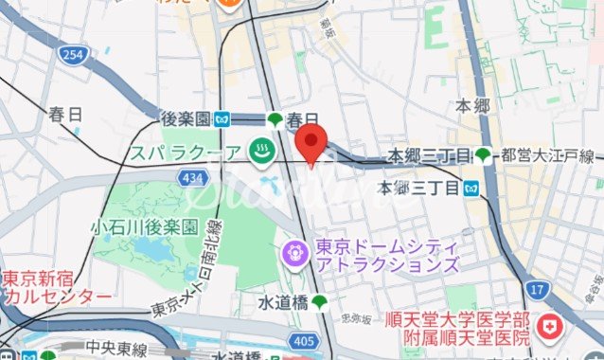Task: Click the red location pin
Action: point(311,145)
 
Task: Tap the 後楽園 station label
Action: point(185,119)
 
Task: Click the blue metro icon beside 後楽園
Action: point(222,119)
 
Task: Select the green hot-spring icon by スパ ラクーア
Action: point(260,149)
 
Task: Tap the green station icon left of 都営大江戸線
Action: point(484,155)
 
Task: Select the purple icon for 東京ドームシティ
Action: point(294,251)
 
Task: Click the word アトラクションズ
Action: point(388,266)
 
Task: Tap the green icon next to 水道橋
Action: point(320,302)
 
